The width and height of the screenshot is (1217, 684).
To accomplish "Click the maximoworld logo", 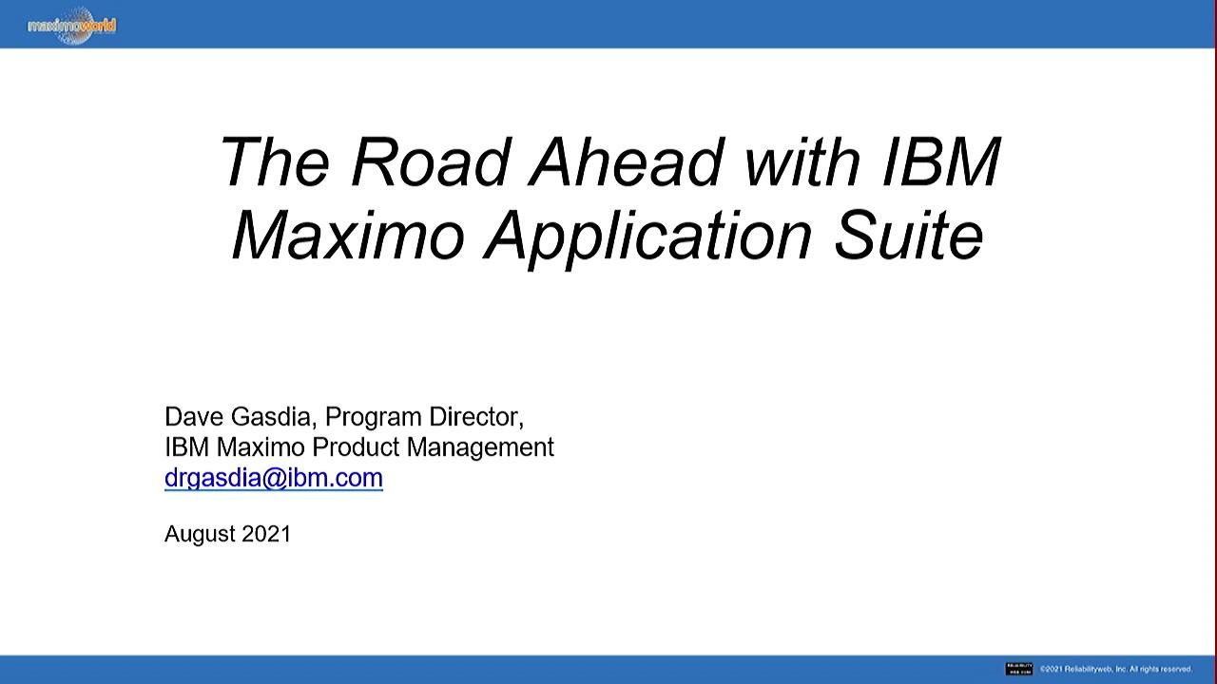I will coord(71,26).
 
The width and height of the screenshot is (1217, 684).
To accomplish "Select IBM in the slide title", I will coord(940,161).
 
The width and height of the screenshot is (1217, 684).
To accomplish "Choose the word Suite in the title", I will coord(908,236).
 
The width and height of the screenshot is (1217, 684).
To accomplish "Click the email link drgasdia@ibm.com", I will coord(274,477).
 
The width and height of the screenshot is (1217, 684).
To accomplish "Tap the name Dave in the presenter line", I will coord(194,417).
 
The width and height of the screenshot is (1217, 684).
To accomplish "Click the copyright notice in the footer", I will coord(1115,669).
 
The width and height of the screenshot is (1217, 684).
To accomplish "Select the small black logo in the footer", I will coord(1018,669).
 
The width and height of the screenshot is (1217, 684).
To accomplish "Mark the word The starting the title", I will coord(275,161).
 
